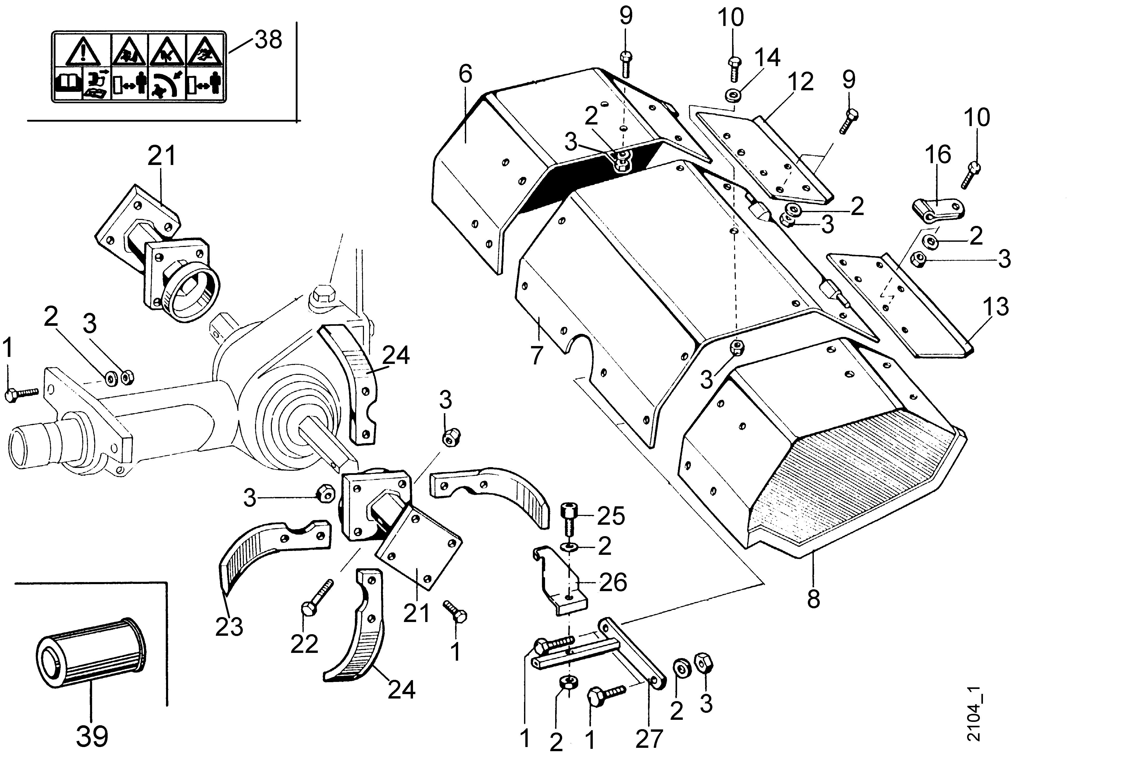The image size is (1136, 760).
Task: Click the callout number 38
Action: click(x=268, y=40)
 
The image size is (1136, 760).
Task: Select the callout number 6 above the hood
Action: click(x=465, y=74)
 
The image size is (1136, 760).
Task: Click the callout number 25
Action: click(x=611, y=516)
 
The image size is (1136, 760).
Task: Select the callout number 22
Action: click(x=304, y=644)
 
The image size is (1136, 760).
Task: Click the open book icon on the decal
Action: click(x=68, y=83)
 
